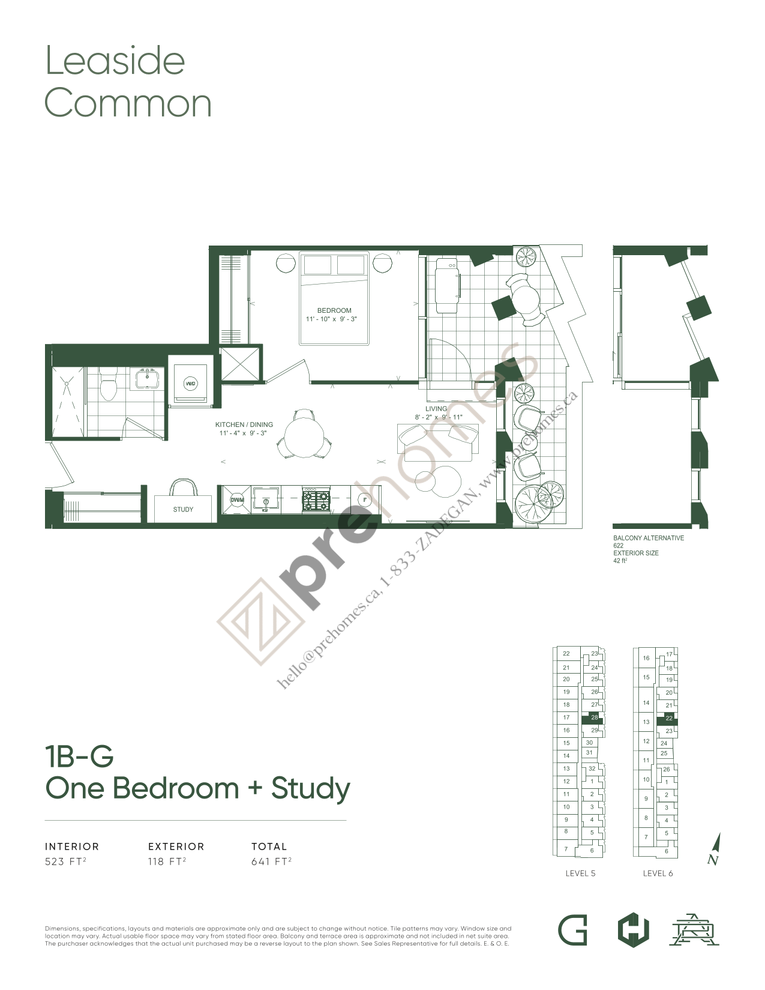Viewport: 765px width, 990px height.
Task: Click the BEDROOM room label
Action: (x=334, y=310)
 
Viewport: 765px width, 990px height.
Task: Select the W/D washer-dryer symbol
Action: (x=190, y=384)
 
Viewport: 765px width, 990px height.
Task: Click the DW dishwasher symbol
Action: (x=237, y=500)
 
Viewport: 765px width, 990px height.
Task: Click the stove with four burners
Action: (x=316, y=500)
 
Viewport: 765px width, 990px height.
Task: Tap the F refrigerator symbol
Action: (x=364, y=500)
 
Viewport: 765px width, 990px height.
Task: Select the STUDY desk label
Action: (x=183, y=509)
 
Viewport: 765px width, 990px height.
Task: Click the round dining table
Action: (x=304, y=437)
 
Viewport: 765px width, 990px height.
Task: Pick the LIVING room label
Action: (x=436, y=408)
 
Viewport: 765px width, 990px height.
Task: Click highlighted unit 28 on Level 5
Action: (x=594, y=717)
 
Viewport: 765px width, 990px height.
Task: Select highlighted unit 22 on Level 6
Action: (x=668, y=718)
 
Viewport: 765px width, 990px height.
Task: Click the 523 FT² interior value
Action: (x=65, y=862)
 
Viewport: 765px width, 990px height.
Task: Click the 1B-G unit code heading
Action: (x=79, y=756)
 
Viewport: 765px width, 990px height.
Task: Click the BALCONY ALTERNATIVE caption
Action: (x=648, y=538)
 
